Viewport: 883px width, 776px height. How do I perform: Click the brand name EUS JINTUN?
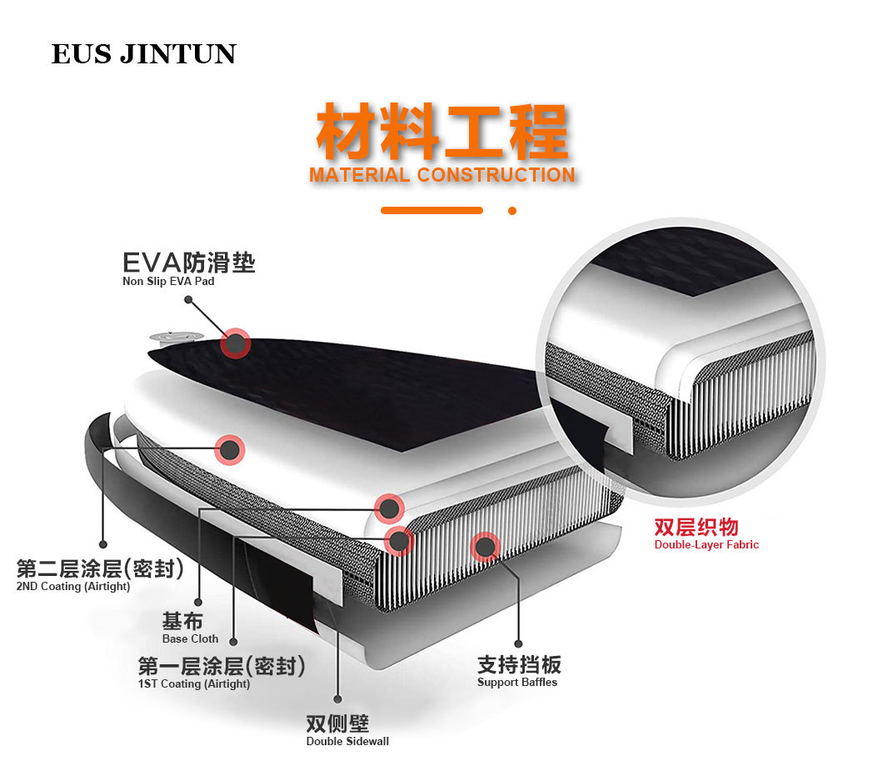tap(143, 54)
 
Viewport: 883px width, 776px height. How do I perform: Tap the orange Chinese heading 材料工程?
tap(441, 132)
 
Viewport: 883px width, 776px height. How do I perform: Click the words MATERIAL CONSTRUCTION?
tap(441, 175)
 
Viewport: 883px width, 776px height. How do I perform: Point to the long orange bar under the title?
tap(432, 211)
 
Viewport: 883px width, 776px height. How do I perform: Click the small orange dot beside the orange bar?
tap(512, 211)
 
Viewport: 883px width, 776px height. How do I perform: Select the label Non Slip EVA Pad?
tap(168, 282)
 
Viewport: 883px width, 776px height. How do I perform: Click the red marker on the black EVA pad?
tap(236, 343)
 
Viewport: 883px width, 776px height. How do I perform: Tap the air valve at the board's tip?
tap(176, 338)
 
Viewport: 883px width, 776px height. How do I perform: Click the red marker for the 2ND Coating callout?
tap(230, 450)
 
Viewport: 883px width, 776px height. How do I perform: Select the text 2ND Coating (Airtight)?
tap(74, 587)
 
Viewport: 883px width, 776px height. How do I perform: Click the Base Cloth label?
tap(190, 638)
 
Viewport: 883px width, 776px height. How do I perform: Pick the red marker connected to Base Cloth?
tap(389, 508)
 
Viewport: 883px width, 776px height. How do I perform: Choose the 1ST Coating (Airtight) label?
tap(194, 683)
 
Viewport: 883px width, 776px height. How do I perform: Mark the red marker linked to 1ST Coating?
tap(400, 541)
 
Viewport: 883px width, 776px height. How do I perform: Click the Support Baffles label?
tap(517, 682)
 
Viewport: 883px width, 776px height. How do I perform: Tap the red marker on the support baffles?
tap(484, 547)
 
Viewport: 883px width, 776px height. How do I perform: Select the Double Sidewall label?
tap(347, 741)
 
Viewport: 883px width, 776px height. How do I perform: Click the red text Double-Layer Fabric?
tap(706, 545)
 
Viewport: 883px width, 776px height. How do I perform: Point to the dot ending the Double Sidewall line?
tap(337, 699)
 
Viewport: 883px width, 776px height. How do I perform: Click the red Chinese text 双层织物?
tap(696, 527)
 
